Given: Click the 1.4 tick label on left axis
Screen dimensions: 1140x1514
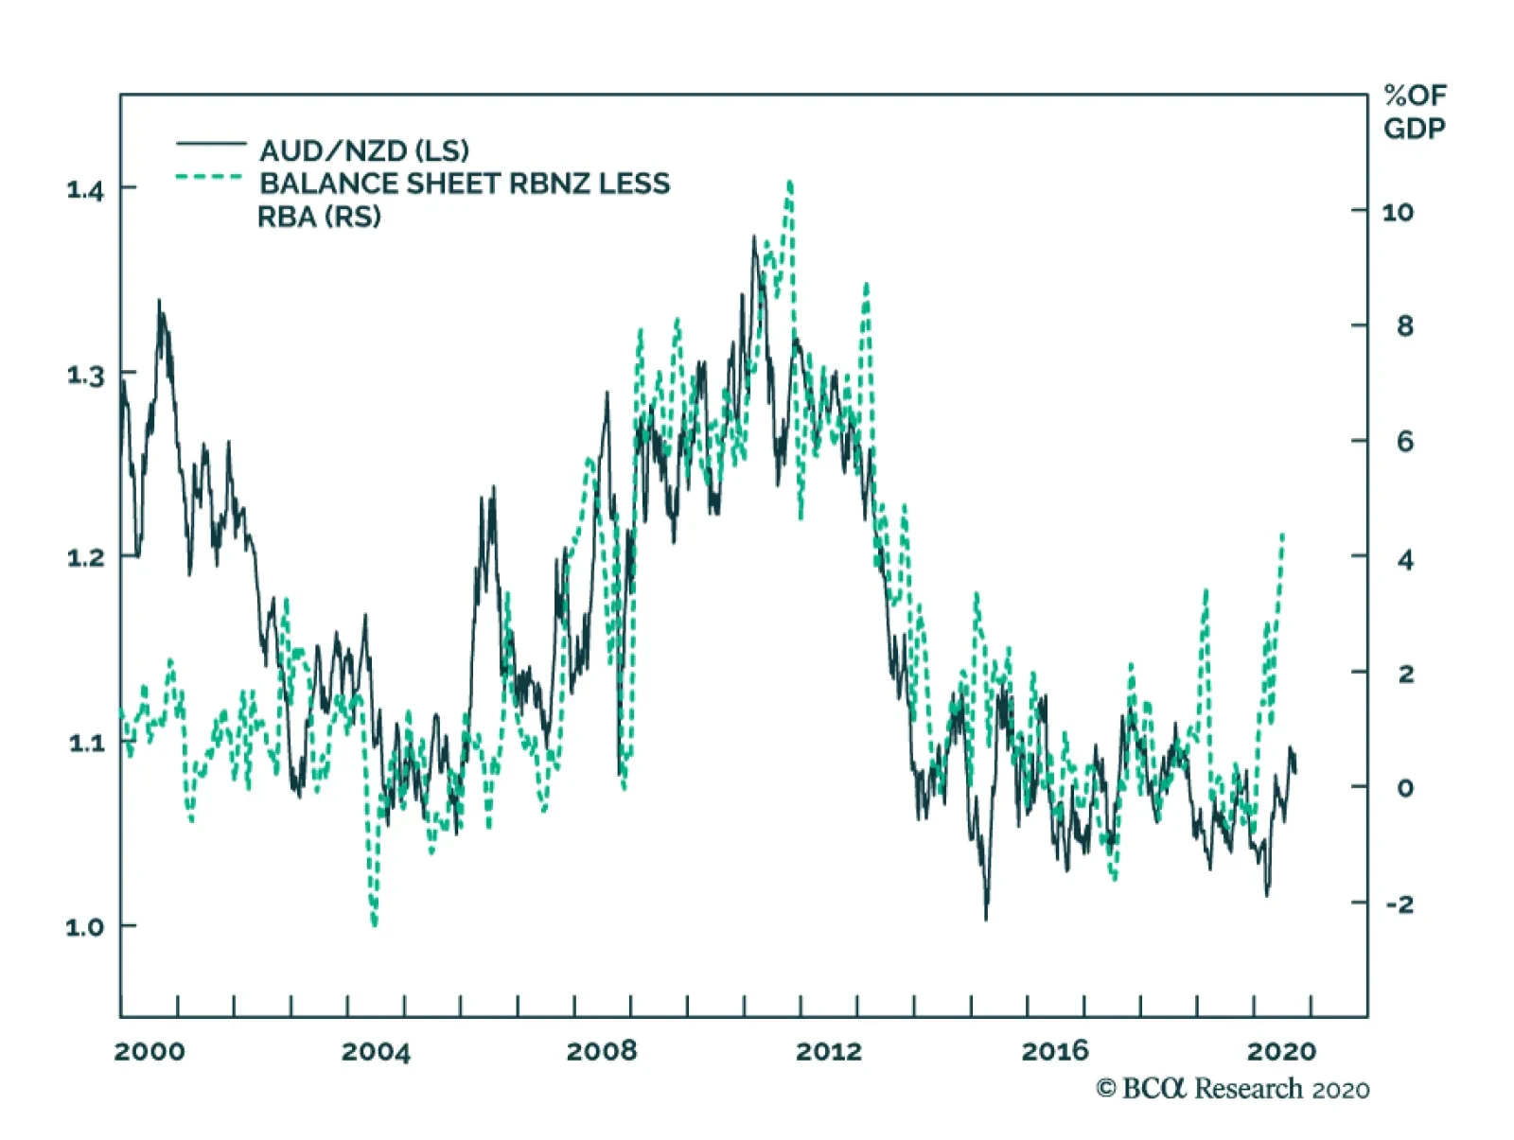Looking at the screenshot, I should [84, 189].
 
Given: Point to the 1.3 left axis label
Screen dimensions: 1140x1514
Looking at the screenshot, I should [84, 375].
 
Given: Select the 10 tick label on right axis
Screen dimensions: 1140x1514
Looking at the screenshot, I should [1398, 212].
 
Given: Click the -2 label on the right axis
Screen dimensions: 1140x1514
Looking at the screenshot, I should [1400, 903].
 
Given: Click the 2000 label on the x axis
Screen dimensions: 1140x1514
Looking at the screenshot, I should [150, 1051].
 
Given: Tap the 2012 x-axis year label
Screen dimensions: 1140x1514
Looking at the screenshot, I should [829, 1051].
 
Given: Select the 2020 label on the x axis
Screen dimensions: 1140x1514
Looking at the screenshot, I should [1281, 1051].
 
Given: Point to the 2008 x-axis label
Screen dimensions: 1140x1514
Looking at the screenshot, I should [602, 1051].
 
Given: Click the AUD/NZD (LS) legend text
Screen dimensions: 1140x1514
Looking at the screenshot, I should [364, 150].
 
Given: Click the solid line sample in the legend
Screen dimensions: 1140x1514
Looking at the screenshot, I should [210, 144].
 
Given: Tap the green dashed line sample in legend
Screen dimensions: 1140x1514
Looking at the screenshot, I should [210, 177].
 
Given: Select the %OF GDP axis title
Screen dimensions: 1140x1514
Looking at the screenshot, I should [1415, 112].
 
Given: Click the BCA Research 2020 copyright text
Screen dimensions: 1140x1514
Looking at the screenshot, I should [1232, 1089].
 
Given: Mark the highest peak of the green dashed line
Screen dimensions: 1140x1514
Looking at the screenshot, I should [789, 183].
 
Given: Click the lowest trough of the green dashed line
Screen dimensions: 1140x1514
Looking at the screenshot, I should [375, 922].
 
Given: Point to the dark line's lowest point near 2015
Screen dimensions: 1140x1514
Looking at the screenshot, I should [986, 918].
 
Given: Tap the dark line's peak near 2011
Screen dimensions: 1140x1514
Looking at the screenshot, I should [754, 237].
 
